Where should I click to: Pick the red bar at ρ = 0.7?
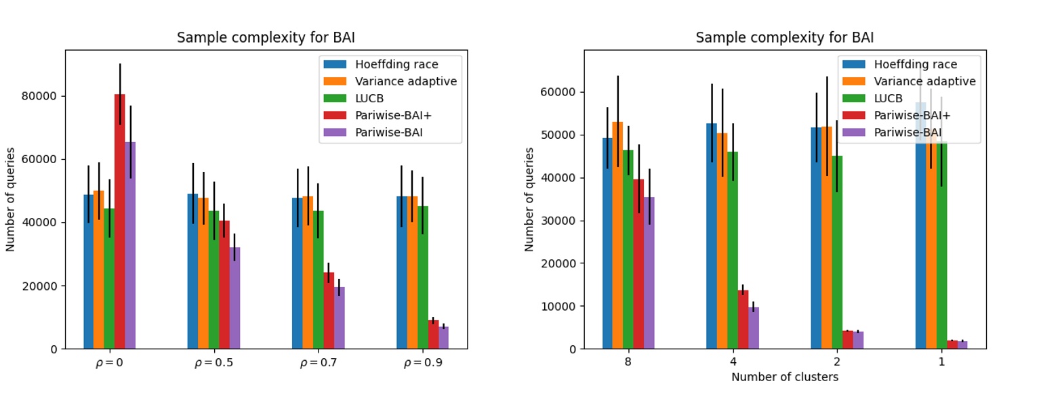[x=329, y=311]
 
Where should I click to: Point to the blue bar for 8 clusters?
[x=607, y=244]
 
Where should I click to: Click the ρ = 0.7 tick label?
[x=319, y=363]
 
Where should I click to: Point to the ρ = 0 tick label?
[x=109, y=363]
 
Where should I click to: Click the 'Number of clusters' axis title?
[x=784, y=377]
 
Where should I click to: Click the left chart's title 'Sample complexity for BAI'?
[x=266, y=38]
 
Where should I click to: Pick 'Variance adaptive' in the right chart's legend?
[x=924, y=81]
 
